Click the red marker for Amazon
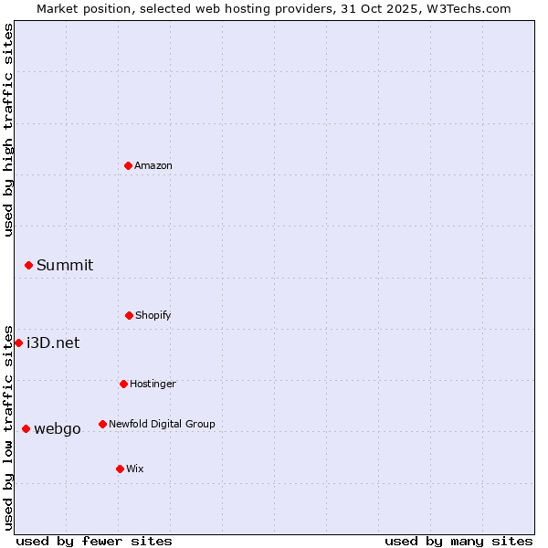coord(128,165)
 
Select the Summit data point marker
coord(28,265)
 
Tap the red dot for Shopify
coord(129,315)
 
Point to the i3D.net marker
coord(18,342)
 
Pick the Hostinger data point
coord(123,384)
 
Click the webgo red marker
coord(26,428)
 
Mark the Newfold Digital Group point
coord(102,424)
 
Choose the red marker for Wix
coord(120,469)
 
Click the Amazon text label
coord(153,165)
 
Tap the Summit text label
coord(65,265)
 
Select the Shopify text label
coord(153,315)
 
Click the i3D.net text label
coord(53,342)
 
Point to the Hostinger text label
coord(153,384)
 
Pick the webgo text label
coord(58,428)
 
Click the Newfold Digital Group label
coord(162,424)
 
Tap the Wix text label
coord(135,469)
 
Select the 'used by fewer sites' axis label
coord(94,541)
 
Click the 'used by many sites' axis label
coord(458,541)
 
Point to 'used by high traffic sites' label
coord(8,130)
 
